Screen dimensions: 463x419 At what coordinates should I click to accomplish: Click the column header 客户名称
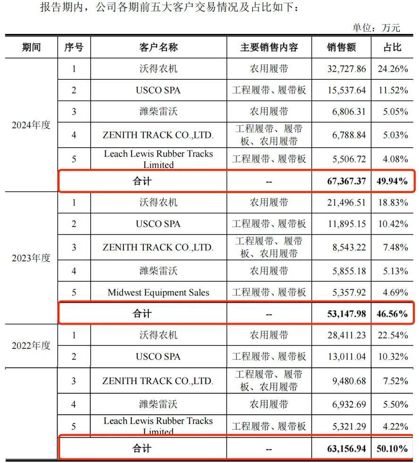click(x=159, y=47)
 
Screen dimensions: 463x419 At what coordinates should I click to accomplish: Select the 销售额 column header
click(x=341, y=47)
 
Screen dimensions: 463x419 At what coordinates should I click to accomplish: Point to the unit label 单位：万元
click(x=376, y=28)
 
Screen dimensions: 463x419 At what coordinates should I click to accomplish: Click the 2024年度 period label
click(x=31, y=126)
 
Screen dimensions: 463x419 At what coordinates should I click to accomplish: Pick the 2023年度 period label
click(x=31, y=258)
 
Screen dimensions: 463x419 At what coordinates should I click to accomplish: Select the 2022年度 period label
click(x=31, y=345)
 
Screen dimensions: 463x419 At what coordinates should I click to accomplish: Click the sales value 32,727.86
click(x=346, y=69)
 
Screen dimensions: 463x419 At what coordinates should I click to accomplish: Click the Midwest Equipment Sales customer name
click(x=159, y=292)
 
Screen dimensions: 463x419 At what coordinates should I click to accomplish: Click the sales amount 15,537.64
click(x=346, y=90)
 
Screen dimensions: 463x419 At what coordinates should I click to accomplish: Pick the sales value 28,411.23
click(x=346, y=335)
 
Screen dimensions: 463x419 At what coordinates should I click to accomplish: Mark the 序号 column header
click(x=74, y=47)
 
